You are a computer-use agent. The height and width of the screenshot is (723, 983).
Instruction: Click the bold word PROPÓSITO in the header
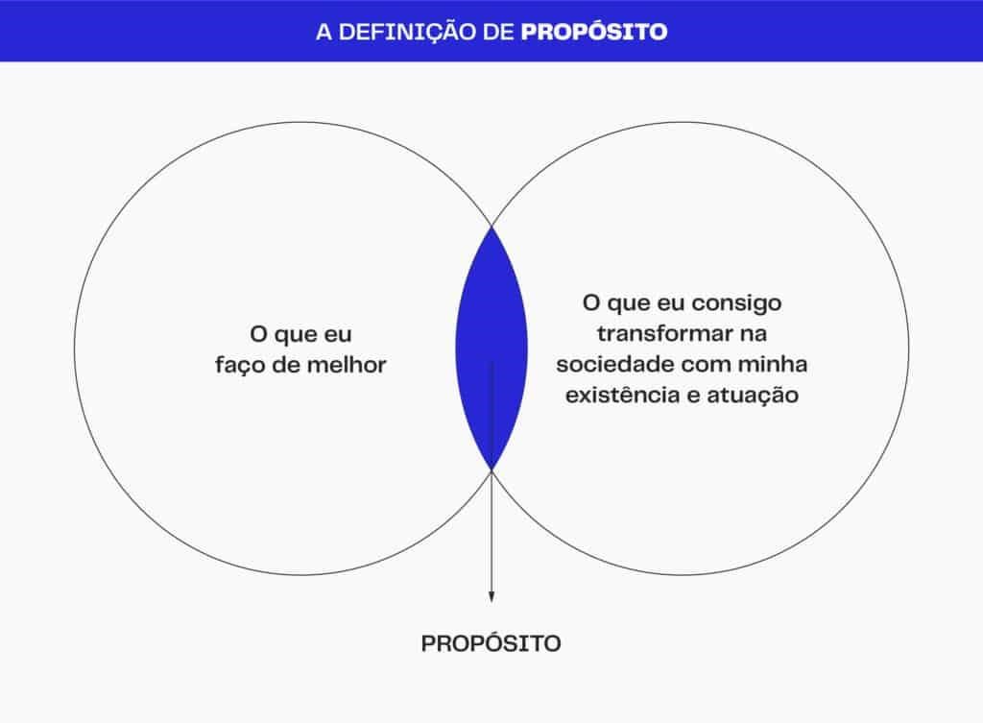(x=594, y=31)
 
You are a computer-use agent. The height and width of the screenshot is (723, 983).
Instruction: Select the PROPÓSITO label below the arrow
(x=491, y=643)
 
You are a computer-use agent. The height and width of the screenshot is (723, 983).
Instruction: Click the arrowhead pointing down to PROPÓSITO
(x=491, y=596)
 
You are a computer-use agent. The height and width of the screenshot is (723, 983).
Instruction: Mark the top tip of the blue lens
(x=491, y=227)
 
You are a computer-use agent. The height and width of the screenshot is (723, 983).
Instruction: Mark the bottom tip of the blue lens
(x=491, y=470)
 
